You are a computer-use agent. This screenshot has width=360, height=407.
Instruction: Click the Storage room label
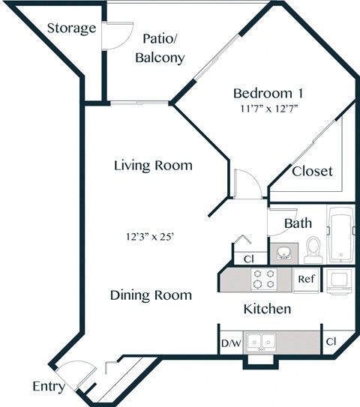click(71, 29)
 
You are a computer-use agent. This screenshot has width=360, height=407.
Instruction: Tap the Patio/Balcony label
click(158, 48)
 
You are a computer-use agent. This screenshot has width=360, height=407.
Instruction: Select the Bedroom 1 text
click(268, 94)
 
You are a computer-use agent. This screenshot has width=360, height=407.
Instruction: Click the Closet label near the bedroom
click(312, 171)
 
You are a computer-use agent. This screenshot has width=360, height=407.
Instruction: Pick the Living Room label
click(153, 165)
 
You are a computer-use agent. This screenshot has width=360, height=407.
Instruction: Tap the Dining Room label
click(151, 295)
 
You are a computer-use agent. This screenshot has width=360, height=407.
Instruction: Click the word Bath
click(298, 223)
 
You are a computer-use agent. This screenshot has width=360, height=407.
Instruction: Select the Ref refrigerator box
click(306, 279)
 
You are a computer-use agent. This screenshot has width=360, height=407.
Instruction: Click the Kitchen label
click(267, 308)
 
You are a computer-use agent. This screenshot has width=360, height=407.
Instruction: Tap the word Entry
click(48, 387)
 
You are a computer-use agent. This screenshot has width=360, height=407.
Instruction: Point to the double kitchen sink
click(259, 342)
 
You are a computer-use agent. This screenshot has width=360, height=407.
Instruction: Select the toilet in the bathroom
click(314, 247)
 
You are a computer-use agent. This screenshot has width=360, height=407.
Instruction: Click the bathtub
click(341, 233)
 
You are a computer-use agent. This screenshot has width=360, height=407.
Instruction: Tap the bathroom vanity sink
click(283, 252)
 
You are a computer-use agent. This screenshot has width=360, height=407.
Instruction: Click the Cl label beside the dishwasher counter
click(331, 343)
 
